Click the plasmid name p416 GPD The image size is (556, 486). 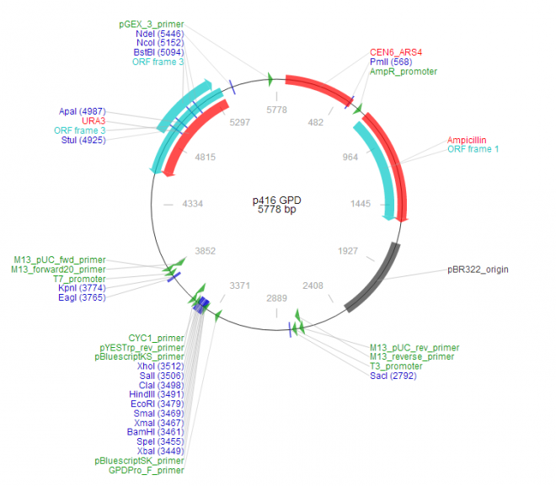[276, 200]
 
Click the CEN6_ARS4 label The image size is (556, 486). [395, 51]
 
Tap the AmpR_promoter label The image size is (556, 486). [403, 72]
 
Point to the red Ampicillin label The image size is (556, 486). [467, 139]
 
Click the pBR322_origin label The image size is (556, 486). [478, 270]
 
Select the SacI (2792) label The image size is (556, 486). [393, 376]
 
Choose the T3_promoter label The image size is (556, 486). [398, 366]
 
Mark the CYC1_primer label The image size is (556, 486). [156, 338]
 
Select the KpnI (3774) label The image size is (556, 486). [81, 288]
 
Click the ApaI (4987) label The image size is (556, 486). [83, 111]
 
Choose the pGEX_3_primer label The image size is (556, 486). [151, 24]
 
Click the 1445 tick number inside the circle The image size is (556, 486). [361, 203]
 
